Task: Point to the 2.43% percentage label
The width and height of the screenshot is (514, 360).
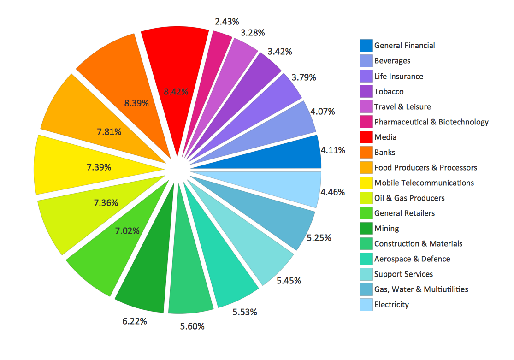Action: click(227, 21)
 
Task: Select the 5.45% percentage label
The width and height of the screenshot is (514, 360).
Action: click(289, 280)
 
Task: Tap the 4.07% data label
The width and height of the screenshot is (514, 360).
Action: click(323, 112)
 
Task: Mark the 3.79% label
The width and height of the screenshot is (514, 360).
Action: click(304, 77)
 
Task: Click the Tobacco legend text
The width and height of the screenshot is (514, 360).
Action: click(389, 92)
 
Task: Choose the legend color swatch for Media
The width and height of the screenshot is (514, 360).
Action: click(366, 137)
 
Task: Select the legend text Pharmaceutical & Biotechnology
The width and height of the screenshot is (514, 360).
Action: click(431, 122)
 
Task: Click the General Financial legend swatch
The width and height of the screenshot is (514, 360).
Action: click(366, 46)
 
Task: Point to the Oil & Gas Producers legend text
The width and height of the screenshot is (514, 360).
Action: click(409, 198)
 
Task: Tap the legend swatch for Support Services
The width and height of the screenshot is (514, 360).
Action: click(366, 274)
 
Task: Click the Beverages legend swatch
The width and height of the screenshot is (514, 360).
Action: click(366, 61)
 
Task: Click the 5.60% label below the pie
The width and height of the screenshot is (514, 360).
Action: click(192, 326)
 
